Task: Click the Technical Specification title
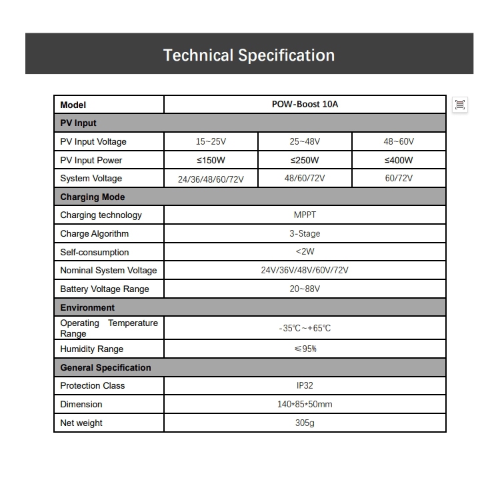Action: [249, 55]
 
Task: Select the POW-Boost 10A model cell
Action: [305, 105]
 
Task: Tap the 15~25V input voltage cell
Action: [211, 141]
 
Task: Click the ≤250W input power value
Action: [305, 160]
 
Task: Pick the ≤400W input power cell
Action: [399, 160]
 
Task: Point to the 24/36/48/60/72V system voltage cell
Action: [211, 179]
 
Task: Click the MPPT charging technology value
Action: [305, 215]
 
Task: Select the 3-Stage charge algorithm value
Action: [305, 233]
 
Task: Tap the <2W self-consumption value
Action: [305, 252]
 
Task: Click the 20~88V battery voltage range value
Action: [305, 289]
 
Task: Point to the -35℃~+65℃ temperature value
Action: [305, 328]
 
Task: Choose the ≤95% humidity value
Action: [305, 349]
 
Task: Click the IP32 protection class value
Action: [305, 385]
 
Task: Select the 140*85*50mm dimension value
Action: [305, 404]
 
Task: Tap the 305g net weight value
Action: [305, 423]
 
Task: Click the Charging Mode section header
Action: [93, 197]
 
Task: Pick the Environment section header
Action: [87, 307]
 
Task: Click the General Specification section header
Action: [105, 367]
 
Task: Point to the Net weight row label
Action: [81, 423]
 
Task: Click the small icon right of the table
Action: [460, 105]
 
